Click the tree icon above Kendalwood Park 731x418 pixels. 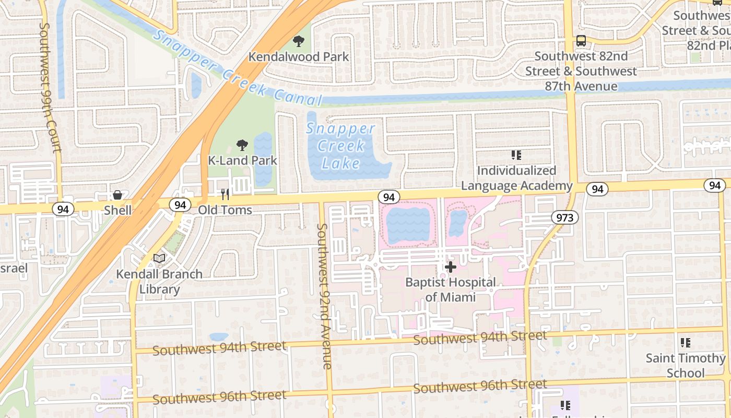click(299, 41)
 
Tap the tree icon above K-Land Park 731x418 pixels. click(242, 145)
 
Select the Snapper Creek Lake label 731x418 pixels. click(340, 146)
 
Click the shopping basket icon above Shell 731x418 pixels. click(117, 195)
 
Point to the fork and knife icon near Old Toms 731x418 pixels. click(225, 194)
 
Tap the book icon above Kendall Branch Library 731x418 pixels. click(159, 258)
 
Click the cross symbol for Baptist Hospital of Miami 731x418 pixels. click(451, 267)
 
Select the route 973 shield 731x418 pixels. click(564, 218)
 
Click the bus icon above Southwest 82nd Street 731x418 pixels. click(581, 40)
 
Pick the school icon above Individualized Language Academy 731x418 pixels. click(516, 155)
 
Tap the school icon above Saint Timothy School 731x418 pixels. click(685, 343)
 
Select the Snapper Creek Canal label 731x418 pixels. click(238, 68)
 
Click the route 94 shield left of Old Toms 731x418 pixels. click(180, 205)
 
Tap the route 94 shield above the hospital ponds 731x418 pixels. click(388, 197)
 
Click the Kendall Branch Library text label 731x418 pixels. click(159, 281)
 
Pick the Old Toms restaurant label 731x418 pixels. click(225, 210)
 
